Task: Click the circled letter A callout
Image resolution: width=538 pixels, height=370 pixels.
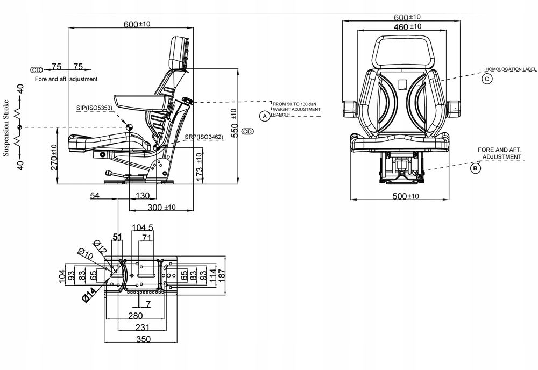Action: click(x=264, y=116)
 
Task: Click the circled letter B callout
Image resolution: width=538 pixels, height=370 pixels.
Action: click(x=476, y=168)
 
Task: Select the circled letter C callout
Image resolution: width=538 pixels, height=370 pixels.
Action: click(x=486, y=79)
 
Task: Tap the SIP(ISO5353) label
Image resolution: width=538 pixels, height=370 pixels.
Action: click(x=94, y=108)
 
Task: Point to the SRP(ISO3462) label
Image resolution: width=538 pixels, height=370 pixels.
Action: click(x=203, y=137)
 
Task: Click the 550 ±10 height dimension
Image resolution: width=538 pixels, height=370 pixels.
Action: click(x=233, y=123)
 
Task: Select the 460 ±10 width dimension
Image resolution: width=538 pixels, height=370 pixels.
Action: click(x=407, y=26)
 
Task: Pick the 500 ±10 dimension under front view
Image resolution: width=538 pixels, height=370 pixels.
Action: click(x=406, y=196)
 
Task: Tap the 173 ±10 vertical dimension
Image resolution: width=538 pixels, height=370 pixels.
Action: click(x=200, y=165)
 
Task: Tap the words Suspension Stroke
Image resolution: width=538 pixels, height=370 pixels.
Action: click(x=6, y=128)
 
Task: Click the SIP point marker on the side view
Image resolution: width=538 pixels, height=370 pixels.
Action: click(x=130, y=126)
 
